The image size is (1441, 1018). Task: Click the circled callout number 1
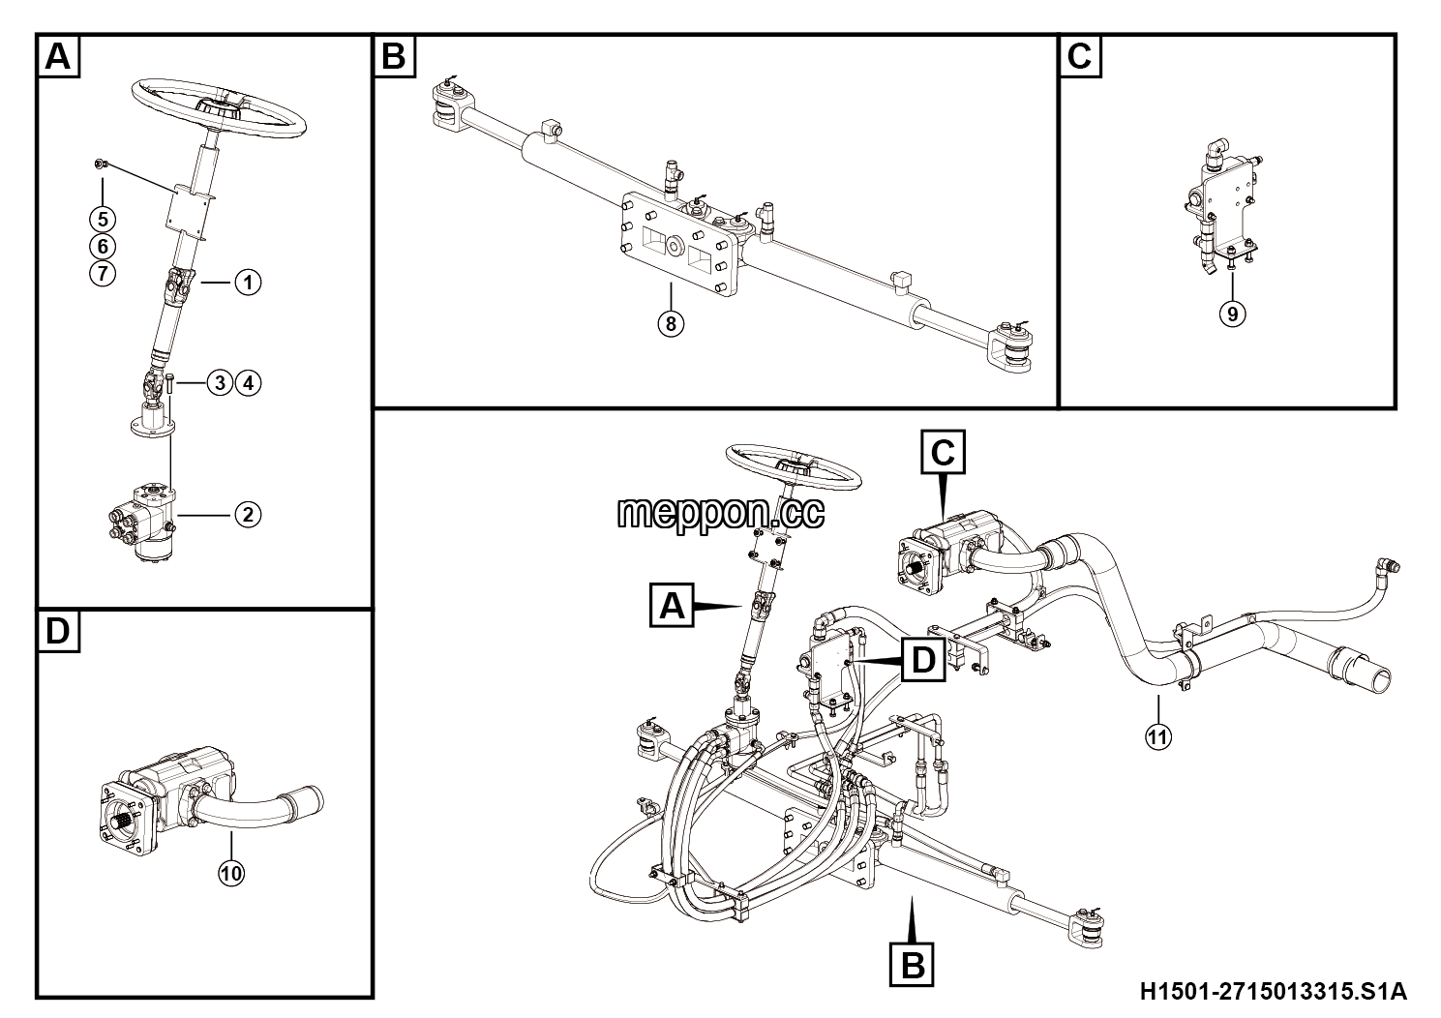(248, 282)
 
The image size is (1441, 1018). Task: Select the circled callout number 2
(248, 515)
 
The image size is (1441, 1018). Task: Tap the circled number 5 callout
(103, 220)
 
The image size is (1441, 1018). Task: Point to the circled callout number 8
(671, 323)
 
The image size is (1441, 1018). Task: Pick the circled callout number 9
(1233, 314)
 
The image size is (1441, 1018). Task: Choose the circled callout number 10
(231, 873)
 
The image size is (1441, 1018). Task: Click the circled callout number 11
(1158, 736)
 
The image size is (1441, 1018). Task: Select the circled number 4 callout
(249, 383)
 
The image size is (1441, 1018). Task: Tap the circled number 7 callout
(103, 274)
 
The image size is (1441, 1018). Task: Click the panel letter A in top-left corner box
(58, 56)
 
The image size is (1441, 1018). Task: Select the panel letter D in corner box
(58, 631)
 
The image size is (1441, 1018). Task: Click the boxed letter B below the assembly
(913, 965)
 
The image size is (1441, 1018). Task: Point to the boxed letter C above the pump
(943, 453)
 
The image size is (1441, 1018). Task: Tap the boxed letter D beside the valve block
(923, 660)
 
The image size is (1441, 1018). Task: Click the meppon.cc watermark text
(720, 513)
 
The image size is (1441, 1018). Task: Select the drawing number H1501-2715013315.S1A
(1274, 991)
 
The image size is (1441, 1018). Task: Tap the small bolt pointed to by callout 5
(99, 165)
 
